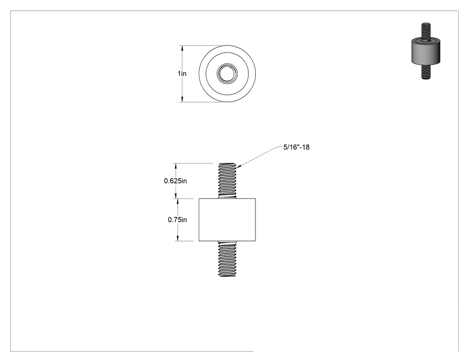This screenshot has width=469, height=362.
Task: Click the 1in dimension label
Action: click(x=182, y=74)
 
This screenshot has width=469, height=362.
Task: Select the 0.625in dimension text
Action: click(x=175, y=181)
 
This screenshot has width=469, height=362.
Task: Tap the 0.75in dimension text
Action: click(x=177, y=220)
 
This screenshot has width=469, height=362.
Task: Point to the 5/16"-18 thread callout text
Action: click(x=297, y=147)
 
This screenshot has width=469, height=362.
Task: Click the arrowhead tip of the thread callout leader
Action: click(x=237, y=167)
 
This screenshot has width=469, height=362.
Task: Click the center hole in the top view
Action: click(x=227, y=74)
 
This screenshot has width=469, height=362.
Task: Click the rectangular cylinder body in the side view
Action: click(x=227, y=220)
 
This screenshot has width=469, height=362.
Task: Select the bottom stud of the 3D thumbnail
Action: click(x=426, y=72)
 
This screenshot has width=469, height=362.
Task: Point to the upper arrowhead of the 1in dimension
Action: click(x=182, y=46)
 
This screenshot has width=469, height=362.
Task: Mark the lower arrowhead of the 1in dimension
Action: click(x=182, y=102)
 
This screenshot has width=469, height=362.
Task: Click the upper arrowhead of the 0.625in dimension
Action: click(x=175, y=163)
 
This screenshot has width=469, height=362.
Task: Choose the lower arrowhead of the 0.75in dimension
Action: click(x=177, y=241)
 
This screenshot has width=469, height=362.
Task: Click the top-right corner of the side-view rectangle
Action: click(x=256, y=199)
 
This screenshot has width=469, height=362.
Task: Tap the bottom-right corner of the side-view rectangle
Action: click(x=256, y=241)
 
